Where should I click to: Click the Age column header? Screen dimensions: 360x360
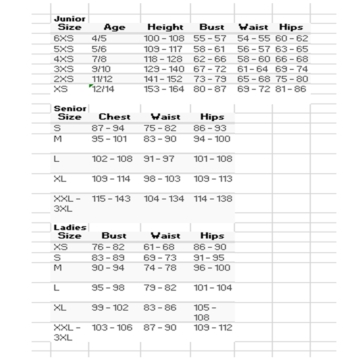click(x=114, y=28)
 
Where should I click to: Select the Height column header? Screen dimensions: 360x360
click(x=165, y=28)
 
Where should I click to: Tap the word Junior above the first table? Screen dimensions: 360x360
click(x=70, y=19)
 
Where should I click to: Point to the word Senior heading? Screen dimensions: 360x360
click(x=70, y=108)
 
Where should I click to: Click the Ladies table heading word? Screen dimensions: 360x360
click(x=70, y=227)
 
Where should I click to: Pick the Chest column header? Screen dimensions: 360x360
click(x=114, y=117)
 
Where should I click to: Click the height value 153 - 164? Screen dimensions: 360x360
click(x=164, y=89)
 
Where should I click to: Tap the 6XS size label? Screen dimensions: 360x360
click(x=64, y=39)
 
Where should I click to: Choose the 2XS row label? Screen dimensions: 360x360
click(x=64, y=79)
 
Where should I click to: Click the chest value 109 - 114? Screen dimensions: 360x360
click(x=111, y=179)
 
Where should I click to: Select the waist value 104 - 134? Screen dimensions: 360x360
click(x=164, y=199)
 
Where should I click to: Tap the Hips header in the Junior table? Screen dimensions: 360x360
click(x=291, y=28)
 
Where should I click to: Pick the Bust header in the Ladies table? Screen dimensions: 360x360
click(x=114, y=236)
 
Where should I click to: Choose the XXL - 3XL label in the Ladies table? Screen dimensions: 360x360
click(x=67, y=332)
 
